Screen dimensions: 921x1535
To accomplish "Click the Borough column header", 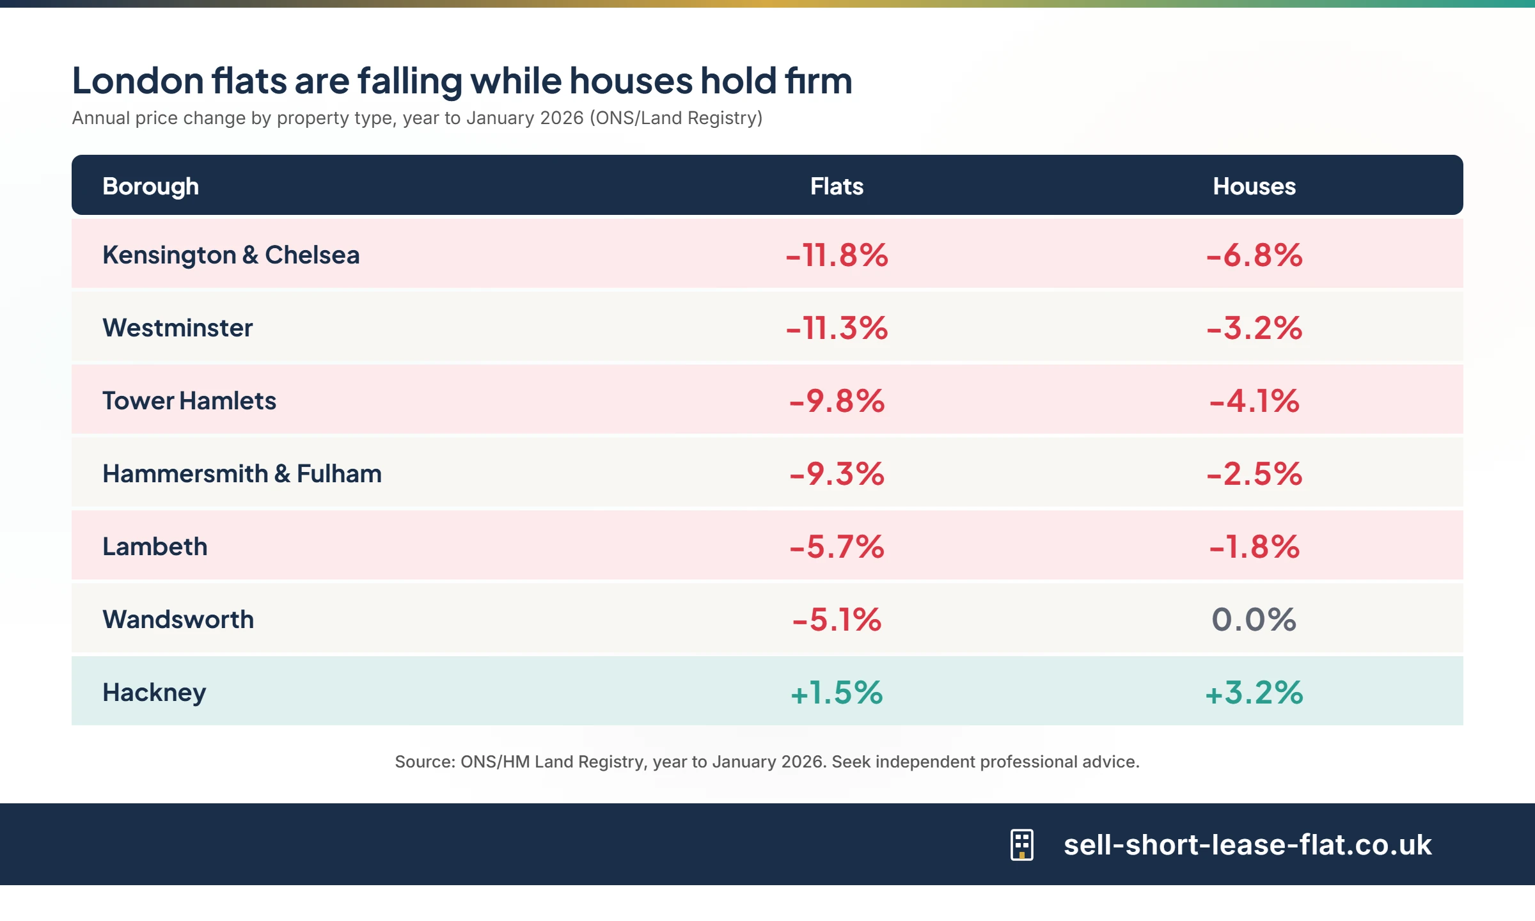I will pyautogui.click(x=150, y=186).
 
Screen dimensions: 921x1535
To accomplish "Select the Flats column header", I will pyautogui.click(x=837, y=186).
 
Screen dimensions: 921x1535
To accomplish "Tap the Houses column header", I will pyautogui.click(x=1254, y=186).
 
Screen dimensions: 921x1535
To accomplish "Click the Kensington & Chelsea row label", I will pyautogui.click(x=231, y=255).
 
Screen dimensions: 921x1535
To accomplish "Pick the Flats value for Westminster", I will pyautogui.click(x=837, y=328).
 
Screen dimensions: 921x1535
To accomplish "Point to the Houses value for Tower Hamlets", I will pyautogui.click(x=1254, y=401).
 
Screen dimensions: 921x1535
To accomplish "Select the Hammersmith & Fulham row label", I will pyautogui.click(x=242, y=474).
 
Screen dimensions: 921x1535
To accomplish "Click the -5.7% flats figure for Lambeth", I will pyautogui.click(x=837, y=547).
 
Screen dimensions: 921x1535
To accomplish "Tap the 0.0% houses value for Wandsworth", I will pyautogui.click(x=1254, y=620).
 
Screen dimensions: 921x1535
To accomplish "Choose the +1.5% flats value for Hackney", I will pyautogui.click(x=837, y=693).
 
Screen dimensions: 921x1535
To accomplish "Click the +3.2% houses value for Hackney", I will pyautogui.click(x=1254, y=693).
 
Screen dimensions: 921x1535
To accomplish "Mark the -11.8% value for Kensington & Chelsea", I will pyautogui.click(x=837, y=255).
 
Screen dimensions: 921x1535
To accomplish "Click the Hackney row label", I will pyautogui.click(x=154, y=693).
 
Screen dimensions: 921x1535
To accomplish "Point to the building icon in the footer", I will pyautogui.click(x=1021, y=845).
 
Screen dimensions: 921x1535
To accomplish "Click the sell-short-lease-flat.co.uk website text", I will pyautogui.click(x=1247, y=845).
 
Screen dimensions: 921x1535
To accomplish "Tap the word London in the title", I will pyautogui.click(x=138, y=81).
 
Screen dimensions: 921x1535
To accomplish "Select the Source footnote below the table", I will pyautogui.click(x=767, y=762).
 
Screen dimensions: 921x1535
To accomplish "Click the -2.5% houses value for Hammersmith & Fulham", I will pyautogui.click(x=1254, y=474).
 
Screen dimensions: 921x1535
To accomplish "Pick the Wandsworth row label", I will pyautogui.click(x=178, y=620).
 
